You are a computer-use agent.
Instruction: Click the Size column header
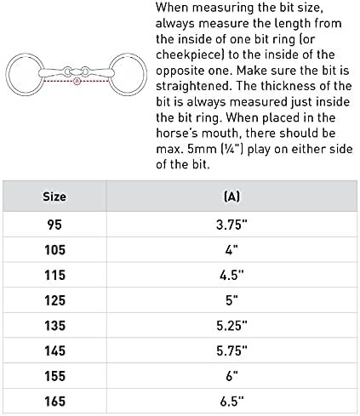click(x=54, y=196)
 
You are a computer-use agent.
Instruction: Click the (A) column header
click(x=232, y=196)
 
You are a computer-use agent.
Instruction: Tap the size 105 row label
click(x=54, y=253)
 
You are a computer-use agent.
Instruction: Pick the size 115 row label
click(x=54, y=279)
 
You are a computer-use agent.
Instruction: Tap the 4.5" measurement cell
click(x=232, y=279)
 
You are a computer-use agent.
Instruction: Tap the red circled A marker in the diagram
click(x=76, y=82)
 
